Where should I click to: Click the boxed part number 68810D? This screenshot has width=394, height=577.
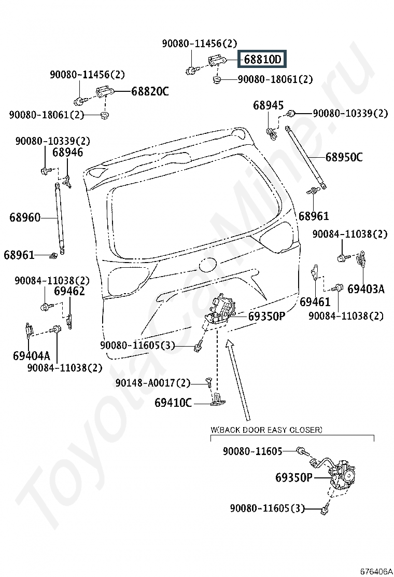(x=262, y=59)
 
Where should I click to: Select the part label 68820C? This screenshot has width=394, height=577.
(x=150, y=91)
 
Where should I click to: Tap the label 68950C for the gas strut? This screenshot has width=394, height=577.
(x=344, y=157)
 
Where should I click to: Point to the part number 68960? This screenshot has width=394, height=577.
(x=25, y=217)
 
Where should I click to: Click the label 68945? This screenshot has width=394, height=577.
(x=269, y=105)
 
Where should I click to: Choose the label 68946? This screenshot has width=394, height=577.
(x=67, y=152)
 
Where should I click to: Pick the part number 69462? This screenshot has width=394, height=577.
(x=69, y=291)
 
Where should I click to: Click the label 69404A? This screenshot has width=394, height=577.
(x=31, y=356)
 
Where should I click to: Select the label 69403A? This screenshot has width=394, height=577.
(x=366, y=289)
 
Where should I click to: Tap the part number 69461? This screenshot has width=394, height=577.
(x=315, y=302)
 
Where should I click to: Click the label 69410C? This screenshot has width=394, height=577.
(x=173, y=403)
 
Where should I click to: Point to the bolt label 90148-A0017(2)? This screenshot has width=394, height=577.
(x=153, y=383)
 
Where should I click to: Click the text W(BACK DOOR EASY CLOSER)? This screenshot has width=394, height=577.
(x=266, y=430)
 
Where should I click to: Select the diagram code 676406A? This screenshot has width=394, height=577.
(x=376, y=571)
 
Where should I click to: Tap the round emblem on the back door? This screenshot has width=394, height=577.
(x=207, y=265)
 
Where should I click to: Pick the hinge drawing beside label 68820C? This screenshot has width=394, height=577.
(x=105, y=92)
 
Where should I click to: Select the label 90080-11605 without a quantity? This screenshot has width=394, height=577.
(x=252, y=451)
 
